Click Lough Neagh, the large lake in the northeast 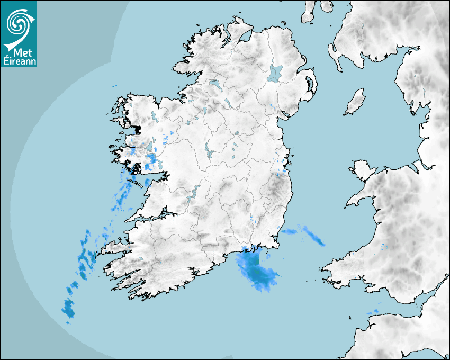pyautogui.click(x=275, y=73)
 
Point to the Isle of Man pyautogui.click(x=355, y=102)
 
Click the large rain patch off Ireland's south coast pyautogui.click(x=256, y=270)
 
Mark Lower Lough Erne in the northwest pyautogui.click(x=215, y=84)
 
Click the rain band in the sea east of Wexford pyautogui.click(x=307, y=235)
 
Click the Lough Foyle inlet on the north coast pyautogui.click(x=245, y=37)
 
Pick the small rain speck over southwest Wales pyautogui.click(x=384, y=246)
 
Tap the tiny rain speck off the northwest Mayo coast pyautogui.click(x=114, y=86)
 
